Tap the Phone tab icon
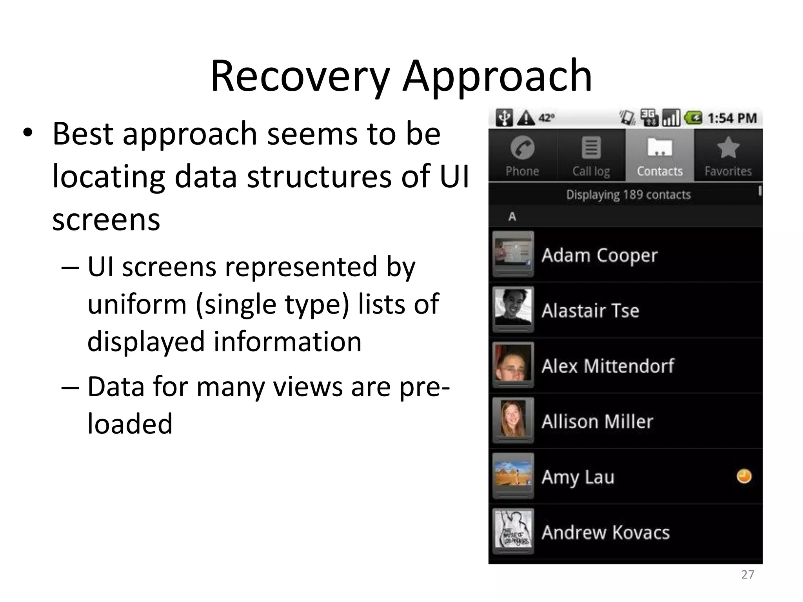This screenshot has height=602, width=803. pyautogui.click(x=522, y=149)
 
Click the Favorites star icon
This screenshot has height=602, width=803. pyautogui.click(x=728, y=148)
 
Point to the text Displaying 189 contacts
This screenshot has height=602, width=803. pyautogui.click(x=628, y=195)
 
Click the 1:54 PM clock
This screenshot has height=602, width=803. pyautogui.click(x=732, y=118)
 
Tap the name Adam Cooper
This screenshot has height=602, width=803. pyautogui.click(x=599, y=256)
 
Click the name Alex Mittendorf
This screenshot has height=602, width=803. pyautogui.click(x=608, y=366)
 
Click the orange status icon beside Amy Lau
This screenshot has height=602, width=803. pyautogui.click(x=744, y=477)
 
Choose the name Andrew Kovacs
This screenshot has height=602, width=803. pyautogui.click(x=605, y=533)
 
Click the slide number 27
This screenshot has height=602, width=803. pyautogui.click(x=747, y=575)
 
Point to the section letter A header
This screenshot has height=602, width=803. pyautogui.click(x=512, y=217)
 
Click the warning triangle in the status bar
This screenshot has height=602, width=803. pyautogui.click(x=526, y=118)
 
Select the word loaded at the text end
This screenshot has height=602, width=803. pyautogui.click(x=130, y=424)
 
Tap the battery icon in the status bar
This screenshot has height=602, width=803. pyautogui.click(x=693, y=118)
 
